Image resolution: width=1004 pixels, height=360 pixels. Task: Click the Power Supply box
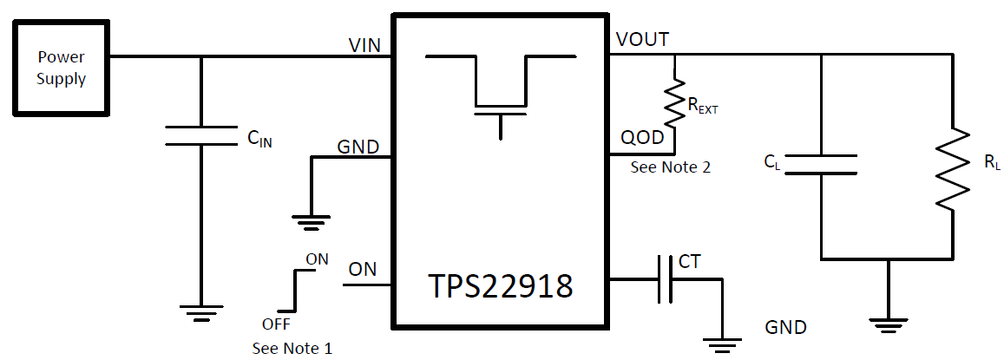point(61,69)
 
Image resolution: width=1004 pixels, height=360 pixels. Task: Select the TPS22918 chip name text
point(499,286)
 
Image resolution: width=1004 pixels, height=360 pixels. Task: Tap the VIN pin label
point(364,45)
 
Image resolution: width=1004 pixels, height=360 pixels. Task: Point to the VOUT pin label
point(642,40)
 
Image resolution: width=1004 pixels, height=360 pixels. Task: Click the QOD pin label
point(641,138)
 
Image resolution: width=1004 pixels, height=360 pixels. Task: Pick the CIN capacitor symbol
point(200,135)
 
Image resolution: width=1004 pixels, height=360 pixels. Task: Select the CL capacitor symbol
point(821,165)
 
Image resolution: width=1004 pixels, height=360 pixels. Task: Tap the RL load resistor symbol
point(953,168)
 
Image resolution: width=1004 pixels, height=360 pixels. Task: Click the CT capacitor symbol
point(665,279)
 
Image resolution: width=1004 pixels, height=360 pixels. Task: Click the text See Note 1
point(292,349)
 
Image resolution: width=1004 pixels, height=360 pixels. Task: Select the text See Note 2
point(670,167)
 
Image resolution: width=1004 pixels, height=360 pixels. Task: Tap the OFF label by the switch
point(276,324)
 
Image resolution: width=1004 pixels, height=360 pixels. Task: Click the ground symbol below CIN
point(200,313)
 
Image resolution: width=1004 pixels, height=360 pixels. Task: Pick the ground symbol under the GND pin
point(310,222)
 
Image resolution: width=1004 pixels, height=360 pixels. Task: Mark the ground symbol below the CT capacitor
point(721,346)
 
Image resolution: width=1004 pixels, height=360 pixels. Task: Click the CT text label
point(690,261)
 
